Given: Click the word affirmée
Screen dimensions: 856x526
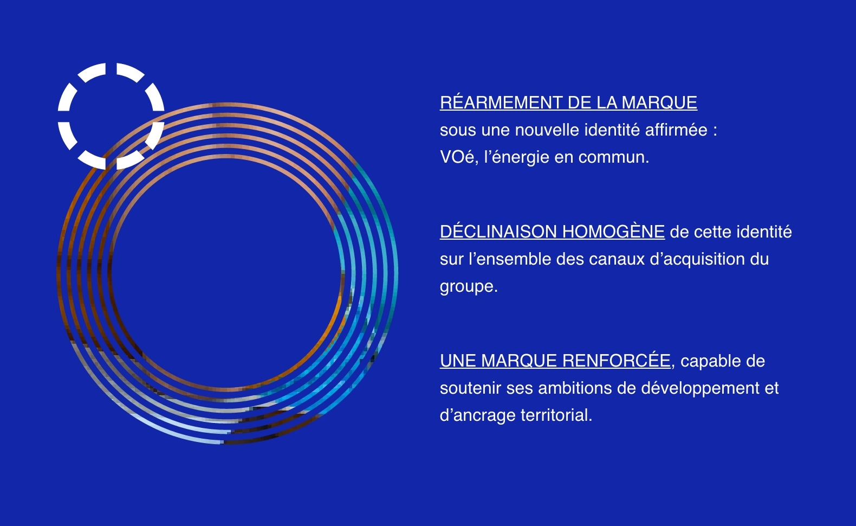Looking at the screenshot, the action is (x=676, y=130).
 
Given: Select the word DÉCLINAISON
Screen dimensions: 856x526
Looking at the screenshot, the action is (x=498, y=231).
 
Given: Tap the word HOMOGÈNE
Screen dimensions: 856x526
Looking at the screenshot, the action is (x=613, y=231).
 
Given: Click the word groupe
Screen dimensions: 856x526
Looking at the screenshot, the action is (x=469, y=287).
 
